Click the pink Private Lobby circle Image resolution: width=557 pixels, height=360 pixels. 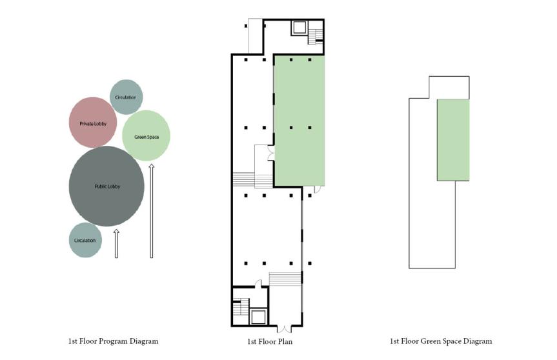click(93, 123)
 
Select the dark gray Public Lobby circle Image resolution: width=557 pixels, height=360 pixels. click(106, 186)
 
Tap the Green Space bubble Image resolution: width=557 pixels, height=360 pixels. click(146, 135)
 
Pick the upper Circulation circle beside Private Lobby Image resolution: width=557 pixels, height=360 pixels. click(126, 97)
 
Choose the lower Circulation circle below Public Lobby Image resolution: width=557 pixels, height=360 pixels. click(85, 240)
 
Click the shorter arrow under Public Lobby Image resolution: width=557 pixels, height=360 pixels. click(116, 244)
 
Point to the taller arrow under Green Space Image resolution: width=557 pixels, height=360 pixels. click(151, 211)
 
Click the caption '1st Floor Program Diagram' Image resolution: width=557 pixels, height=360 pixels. click(114, 341)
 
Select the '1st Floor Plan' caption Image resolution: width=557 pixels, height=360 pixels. click(270, 341)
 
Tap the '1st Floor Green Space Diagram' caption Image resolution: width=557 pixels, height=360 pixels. click(441, 341)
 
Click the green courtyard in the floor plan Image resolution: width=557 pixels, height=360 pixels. click(299, 121)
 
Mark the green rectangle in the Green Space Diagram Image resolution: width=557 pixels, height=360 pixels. click(453, 140)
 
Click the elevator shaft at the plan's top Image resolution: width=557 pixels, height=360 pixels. click(299, 28)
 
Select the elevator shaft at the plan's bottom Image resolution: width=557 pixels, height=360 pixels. click(258, 316)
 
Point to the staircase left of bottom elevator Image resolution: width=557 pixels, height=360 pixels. click(241, 308)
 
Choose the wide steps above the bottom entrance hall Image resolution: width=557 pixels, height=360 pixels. click(285, 279)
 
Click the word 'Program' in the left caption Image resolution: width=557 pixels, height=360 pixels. click(113, 341)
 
